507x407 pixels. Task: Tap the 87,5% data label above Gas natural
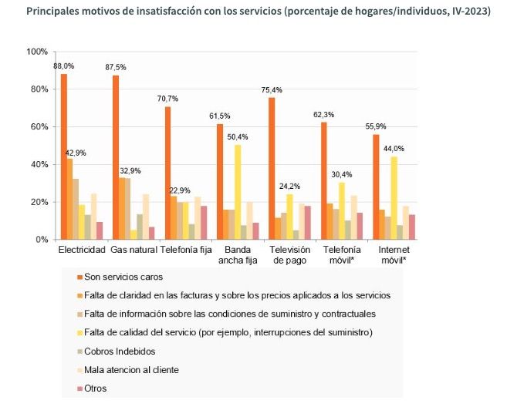[116, 68]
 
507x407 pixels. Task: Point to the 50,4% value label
[238, 137]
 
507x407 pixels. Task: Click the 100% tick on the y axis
[37, 52]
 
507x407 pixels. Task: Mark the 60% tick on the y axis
[39, 126]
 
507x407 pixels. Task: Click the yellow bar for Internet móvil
[394, 198]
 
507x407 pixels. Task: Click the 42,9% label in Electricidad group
[76, 153]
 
